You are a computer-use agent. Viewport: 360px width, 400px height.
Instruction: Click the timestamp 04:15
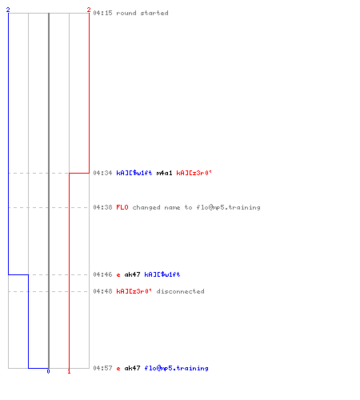[x=102, y=13]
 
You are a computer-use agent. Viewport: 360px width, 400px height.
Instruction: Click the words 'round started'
[x=142, y=13]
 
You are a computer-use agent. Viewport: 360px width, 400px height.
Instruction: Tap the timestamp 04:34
[x=102, y=173]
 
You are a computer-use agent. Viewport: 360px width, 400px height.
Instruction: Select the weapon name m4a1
[x=164, y=173]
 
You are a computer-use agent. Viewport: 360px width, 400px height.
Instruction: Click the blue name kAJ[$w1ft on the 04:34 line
[x=134, y=173]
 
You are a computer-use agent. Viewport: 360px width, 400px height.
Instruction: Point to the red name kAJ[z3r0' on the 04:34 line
[x=194, y=173]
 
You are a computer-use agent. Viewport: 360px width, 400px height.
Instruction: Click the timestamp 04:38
[x=102, y=207]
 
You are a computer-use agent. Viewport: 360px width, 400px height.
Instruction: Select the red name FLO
[x=122, y=207]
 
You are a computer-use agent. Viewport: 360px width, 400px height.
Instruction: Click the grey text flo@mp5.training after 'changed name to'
[x=228, y=207]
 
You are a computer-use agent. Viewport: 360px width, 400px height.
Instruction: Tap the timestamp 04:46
[x=102, y=274]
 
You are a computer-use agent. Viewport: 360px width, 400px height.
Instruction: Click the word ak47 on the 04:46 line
[x=132, y=274]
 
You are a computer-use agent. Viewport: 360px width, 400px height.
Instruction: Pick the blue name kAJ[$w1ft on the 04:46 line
[x=162, y=274]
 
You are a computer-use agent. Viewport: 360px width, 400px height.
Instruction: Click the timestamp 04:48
[x=102, y=291]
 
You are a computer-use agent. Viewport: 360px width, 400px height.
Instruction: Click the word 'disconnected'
[x=180, y=291]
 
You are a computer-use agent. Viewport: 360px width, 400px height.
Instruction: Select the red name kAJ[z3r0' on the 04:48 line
[x=134, y=291]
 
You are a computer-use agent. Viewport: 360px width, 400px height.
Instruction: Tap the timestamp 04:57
[x=102, y=368]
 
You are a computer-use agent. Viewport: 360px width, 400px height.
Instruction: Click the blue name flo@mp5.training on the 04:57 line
[x=176, y=368]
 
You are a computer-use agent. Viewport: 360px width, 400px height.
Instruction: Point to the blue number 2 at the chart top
[x=8, y=10]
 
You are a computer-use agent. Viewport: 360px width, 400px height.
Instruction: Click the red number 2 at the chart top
[x=89, y=10]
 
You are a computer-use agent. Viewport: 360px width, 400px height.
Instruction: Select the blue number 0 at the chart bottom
[x=48, y=371]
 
